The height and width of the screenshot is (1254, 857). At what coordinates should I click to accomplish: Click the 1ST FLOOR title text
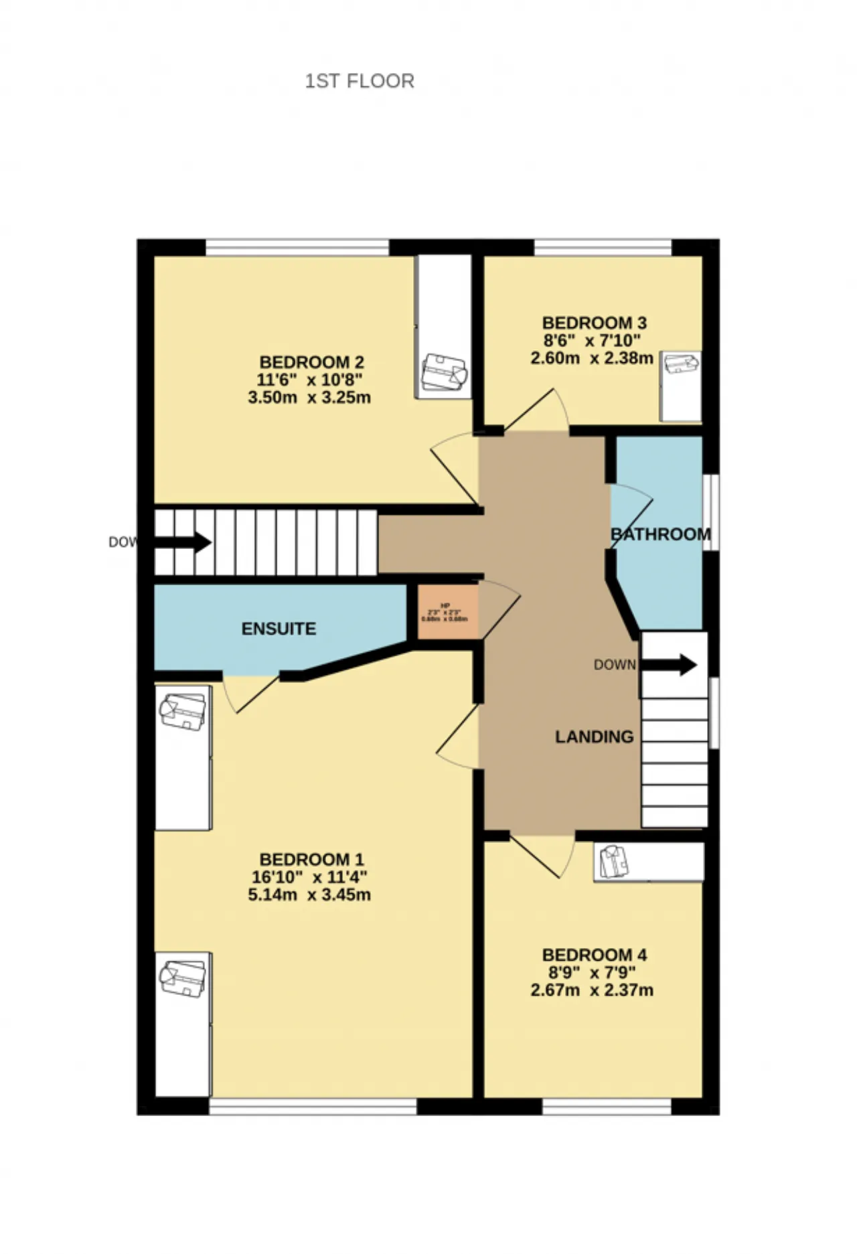360,81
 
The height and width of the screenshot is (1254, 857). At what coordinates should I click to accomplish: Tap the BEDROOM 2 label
311,362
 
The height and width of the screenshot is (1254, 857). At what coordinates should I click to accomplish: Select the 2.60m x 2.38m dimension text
591,358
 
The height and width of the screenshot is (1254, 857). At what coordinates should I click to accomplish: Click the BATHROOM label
660,534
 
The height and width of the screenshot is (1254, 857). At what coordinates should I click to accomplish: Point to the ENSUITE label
279,629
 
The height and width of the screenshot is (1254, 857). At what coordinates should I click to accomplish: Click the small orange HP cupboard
445,612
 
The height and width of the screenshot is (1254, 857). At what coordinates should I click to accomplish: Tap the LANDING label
594,736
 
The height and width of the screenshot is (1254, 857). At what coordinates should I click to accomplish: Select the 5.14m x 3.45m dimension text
309,894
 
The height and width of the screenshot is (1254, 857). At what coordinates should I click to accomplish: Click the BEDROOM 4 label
594,955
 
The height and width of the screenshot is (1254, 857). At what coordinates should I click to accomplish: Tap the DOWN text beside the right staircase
614,665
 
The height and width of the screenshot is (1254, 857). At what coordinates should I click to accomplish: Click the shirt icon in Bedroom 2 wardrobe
443,372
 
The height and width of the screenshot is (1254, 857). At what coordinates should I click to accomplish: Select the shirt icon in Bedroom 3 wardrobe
681,364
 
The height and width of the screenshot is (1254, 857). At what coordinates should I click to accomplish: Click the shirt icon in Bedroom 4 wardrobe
614,861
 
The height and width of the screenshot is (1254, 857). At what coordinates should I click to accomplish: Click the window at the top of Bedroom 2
297,247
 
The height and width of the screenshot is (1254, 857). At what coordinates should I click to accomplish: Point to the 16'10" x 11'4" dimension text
309,877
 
